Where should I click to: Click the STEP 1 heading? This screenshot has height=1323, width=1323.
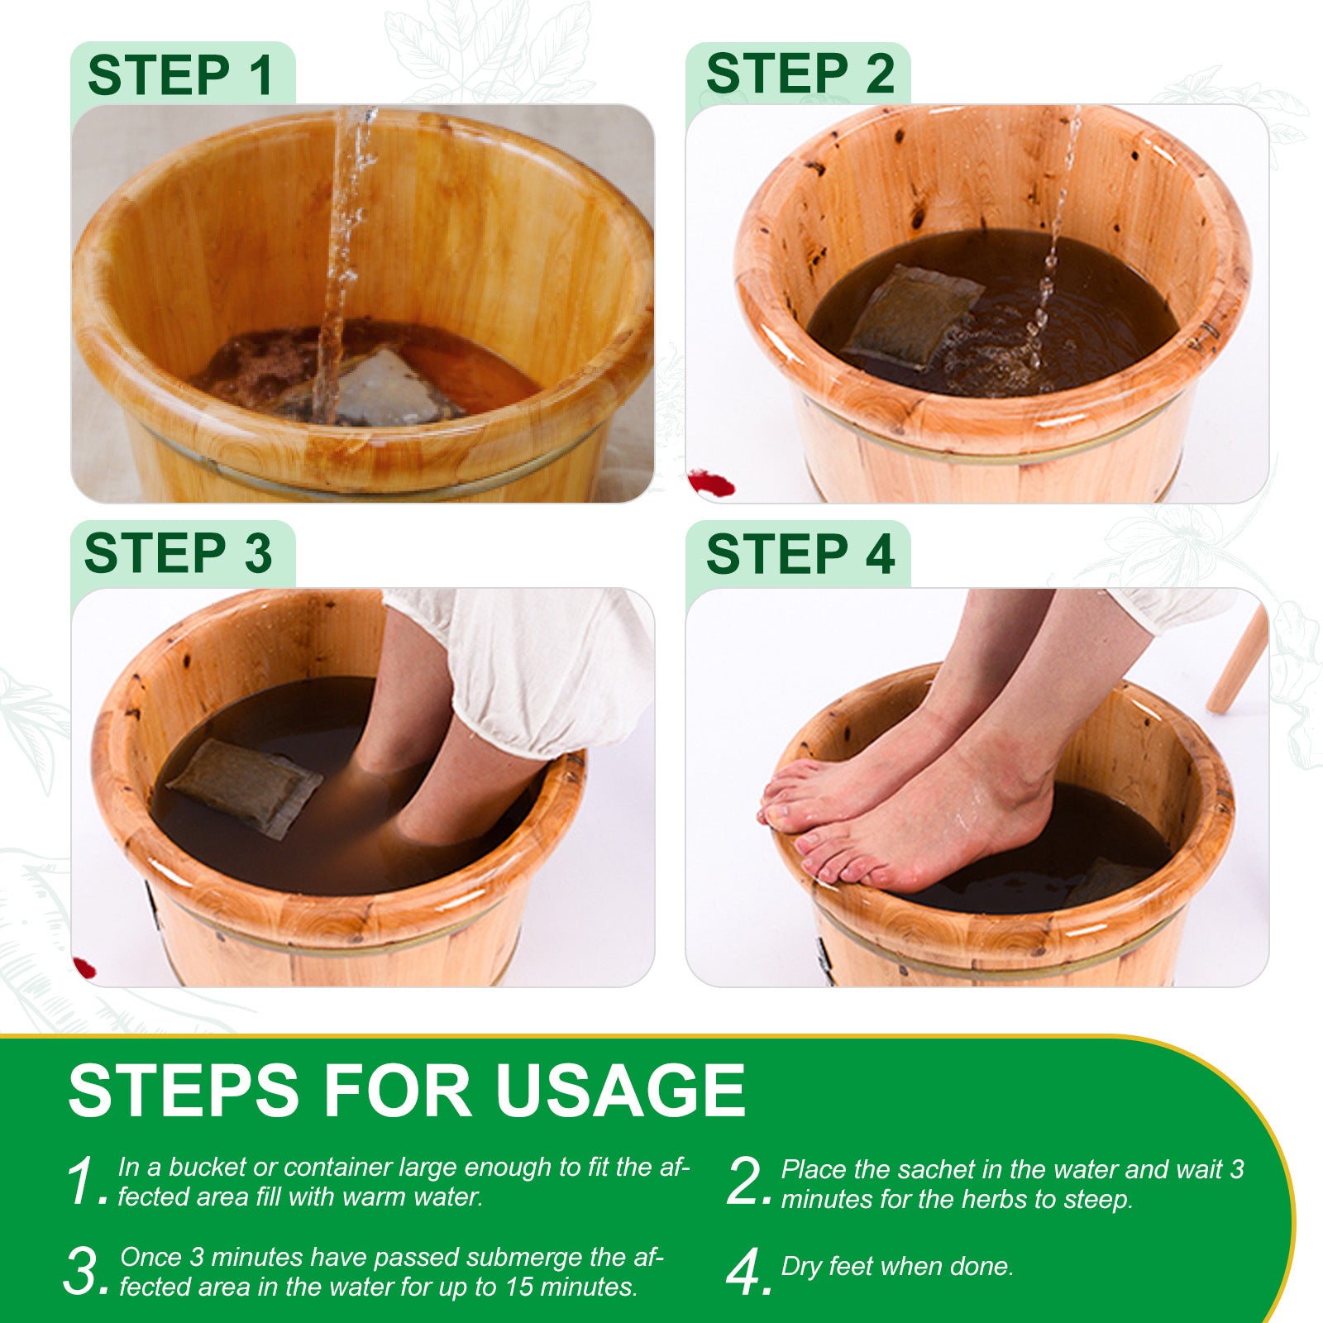click(x=180, y=75)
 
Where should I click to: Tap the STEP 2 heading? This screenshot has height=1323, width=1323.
click(x=800, y=74)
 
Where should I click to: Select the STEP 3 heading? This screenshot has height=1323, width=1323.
click(x=178, y=553)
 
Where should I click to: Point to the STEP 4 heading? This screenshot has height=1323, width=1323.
click(x=800, y=553)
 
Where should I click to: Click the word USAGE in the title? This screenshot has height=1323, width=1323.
click(x=620, y=1091)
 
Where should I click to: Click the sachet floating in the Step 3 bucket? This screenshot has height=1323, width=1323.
click(x=245, y=786)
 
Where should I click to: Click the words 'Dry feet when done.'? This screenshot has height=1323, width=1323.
click(x=897, y=1266)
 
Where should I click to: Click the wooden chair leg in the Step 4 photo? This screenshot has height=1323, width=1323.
click(x=1237, y=661)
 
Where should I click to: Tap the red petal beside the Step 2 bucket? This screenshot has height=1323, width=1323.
click(x=711, y=483)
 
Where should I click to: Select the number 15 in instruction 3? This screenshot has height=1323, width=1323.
click(x=518, y=1287)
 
